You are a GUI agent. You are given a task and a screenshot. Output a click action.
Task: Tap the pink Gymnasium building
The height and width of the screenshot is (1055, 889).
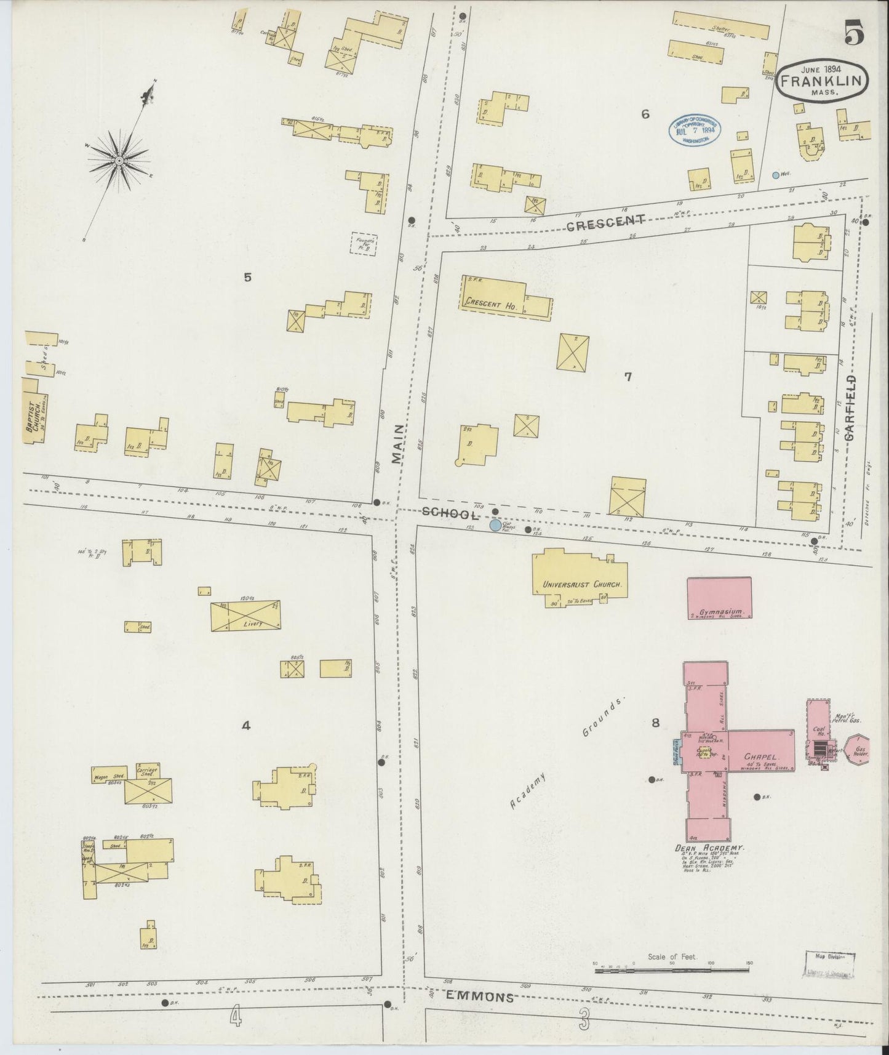pos(719,597)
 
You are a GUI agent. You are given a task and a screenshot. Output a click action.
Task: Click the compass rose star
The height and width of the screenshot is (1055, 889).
pos(119,161)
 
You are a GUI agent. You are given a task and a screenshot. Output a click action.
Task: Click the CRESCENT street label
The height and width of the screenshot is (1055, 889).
pos(605,223)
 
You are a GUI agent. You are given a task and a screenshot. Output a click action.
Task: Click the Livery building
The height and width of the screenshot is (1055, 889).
pos(244,616)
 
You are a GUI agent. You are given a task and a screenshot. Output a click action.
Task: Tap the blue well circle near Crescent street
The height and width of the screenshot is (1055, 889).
pos(776,175)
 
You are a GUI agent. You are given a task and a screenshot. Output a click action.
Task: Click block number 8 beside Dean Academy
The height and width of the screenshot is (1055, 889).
pos(656,723)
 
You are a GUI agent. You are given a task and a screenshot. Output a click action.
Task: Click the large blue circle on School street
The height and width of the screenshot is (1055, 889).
pos(495,525)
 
